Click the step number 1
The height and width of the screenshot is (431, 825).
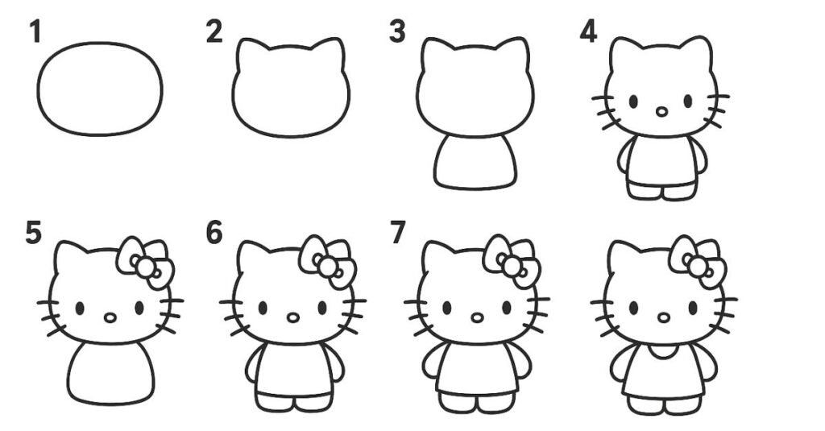35,31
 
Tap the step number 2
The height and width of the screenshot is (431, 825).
214,31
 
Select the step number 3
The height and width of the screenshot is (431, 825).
397,31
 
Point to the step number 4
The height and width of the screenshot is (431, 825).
588,31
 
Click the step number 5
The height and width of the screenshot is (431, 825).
33,233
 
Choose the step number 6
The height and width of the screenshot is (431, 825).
214,233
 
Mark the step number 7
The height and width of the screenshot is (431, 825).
398,233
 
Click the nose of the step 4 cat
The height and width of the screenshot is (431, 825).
662,111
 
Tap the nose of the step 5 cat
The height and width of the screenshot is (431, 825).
110,318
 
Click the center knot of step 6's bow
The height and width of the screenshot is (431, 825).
327,267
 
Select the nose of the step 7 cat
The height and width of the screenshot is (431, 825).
477,318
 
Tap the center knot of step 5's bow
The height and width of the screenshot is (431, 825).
145,268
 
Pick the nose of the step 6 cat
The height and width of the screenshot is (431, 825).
293,318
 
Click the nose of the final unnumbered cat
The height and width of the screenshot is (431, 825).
664,318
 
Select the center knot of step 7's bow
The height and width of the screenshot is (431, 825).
511,267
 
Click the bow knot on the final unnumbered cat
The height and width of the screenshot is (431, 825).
698,267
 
